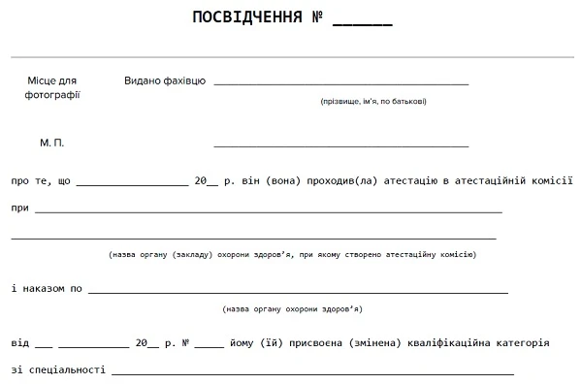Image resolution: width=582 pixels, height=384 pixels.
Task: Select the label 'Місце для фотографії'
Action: pyautogui.click(x=52, y=87)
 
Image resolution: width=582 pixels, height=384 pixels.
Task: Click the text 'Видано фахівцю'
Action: pyautogui.click(x=164, y=80)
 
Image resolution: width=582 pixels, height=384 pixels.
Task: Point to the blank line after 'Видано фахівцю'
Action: pyautogui.click(x=340, y=84)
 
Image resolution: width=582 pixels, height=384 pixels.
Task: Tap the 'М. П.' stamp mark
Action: pyautogui.click(x=52, y=143)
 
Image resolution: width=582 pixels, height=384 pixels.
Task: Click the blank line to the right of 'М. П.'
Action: pyautogui.click(x=340, y=146)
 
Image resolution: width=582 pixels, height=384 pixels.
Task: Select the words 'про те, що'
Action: pyautogui.click(x=40, y=180)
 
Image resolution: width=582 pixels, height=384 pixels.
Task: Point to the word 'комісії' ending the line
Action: pyautogui.click(x=551, y=180)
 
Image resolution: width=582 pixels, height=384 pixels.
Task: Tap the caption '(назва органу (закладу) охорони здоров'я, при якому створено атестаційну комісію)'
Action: pyautogui.click(x=292, y=255)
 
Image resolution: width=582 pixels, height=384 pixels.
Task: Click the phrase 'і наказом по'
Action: pyautogui.click(x=46, y=288)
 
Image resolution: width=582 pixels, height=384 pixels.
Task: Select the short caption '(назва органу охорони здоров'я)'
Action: pyautogui.click(x=292, y=309)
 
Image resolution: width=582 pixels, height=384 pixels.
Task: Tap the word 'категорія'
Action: pyautogui.click(x=523, y=342)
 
